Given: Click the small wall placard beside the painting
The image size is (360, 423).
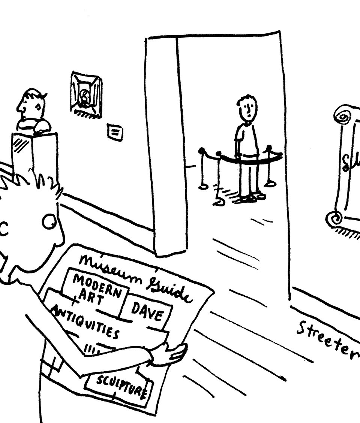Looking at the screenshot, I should point(115,132).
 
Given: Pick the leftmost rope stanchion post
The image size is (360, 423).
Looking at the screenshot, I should point(203,169).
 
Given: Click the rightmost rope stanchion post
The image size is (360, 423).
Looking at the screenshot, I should point(269,165).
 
